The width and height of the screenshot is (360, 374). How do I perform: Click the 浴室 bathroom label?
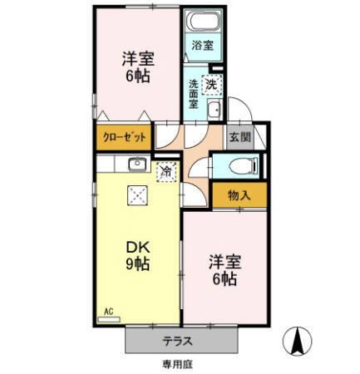pyautogui.click(x=201, y=45)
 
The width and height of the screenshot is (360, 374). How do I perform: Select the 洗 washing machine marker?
pyautogui.click(x=212, y=83)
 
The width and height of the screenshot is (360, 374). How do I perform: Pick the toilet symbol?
pyautogui.click(x=239, y=165)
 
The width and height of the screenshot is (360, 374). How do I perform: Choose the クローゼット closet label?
pyautogui.click(x=123, y=136)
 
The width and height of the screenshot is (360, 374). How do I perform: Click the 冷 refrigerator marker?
pyautogui.click(x=166, y=172)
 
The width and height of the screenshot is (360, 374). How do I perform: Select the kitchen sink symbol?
pyautogui.click(x=138, y=165)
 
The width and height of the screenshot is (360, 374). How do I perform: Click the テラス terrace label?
pyautogui.click(x=180, y=340)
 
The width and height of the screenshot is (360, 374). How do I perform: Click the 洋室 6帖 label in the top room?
pyautogui.click(x=137, y=67)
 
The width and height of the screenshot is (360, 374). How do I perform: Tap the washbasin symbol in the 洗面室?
pyautogui.click(x=213, y=113)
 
